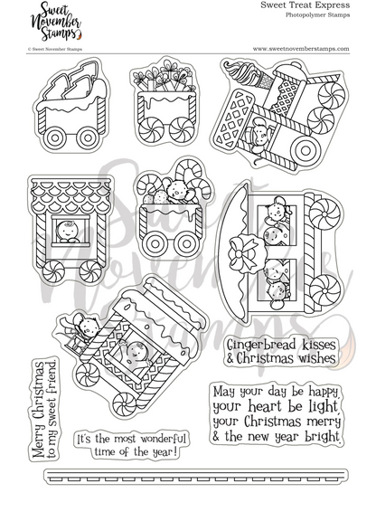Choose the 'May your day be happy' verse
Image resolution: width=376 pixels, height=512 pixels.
[277, 415]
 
